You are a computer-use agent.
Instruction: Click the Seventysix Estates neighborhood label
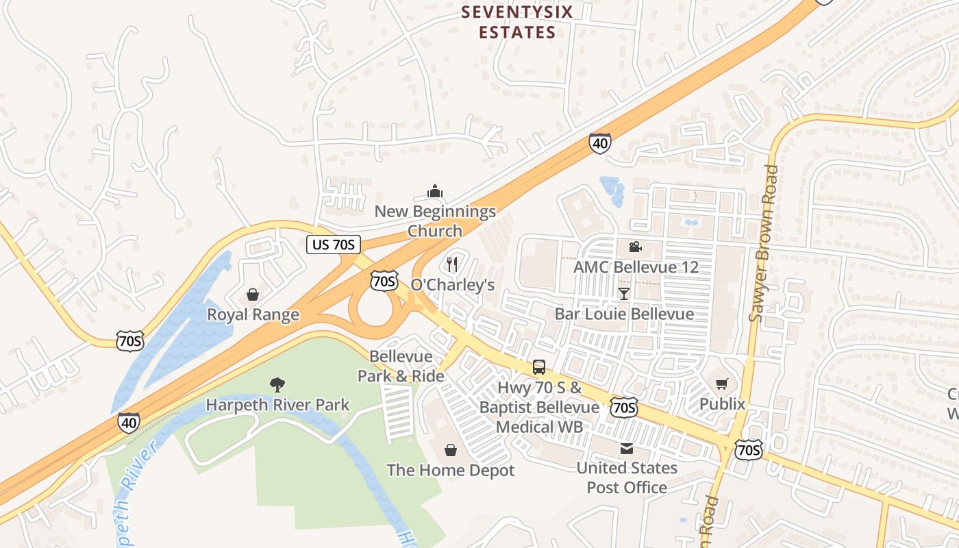point(516,22)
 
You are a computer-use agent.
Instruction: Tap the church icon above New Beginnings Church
point(434,190)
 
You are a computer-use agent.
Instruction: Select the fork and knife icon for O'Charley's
point(451,264)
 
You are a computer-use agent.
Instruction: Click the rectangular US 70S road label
point(333,245)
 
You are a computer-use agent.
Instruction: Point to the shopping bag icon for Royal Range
point(253,295)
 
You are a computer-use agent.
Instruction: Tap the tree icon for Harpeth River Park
point(277,384)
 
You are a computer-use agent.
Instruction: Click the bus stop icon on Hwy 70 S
point(539,366)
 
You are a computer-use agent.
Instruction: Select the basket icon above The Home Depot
point(451,450)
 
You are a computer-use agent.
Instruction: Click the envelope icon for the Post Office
point(626,449)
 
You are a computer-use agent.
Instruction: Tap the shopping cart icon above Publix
point(721,384)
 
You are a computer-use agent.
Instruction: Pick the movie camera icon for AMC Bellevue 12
point(635,247)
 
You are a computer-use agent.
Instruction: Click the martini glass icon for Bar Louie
point(623,294)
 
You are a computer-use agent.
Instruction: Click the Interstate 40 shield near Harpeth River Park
point(129,422)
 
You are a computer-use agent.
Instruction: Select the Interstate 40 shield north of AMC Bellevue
point(599,143)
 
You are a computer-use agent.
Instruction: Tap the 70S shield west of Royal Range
point(129,340)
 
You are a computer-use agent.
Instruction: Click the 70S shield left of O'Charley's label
point(384,280)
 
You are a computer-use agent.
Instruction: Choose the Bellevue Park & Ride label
point(401,366)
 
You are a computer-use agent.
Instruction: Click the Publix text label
point(722,404)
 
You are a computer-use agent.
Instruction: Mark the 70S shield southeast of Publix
point(747,450)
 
